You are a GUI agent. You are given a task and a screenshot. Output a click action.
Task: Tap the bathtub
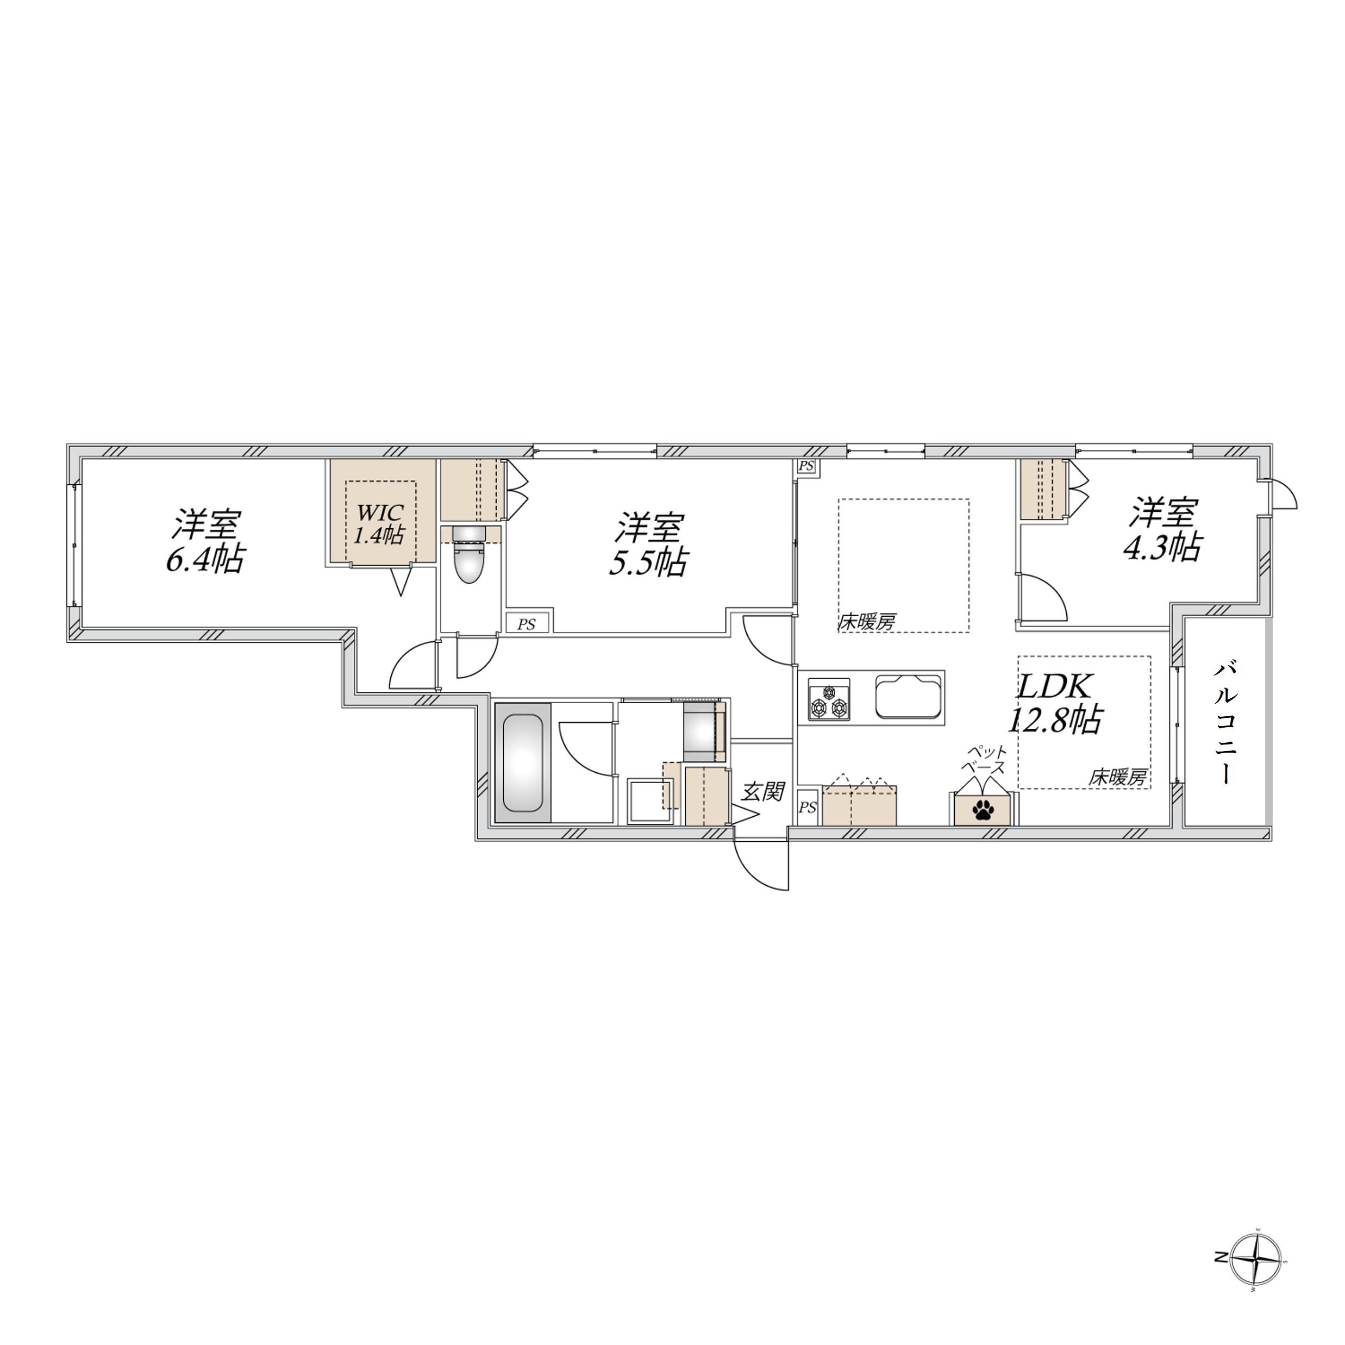point(522,764)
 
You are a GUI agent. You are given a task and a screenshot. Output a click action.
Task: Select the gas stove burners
point(828,699)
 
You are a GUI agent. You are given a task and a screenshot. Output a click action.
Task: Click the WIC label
point(380,512)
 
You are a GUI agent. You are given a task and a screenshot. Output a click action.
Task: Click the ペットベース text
point(984,760)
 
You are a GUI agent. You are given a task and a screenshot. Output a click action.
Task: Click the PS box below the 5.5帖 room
point(527,624)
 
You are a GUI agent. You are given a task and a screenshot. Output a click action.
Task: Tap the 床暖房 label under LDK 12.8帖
point(1117,778)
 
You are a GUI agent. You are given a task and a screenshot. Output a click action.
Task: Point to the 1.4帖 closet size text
point(380,535)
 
